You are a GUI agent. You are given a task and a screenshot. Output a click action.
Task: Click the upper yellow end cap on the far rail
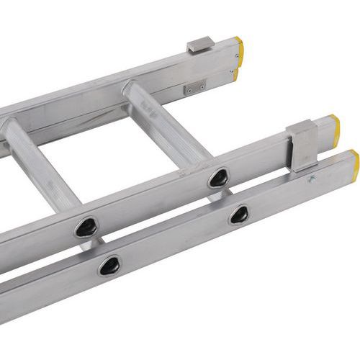[x=240, y=47]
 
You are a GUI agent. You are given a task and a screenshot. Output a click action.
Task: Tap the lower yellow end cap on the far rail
[x=237, y=73]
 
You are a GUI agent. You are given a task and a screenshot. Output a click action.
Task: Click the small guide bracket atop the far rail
[x=201, y=44]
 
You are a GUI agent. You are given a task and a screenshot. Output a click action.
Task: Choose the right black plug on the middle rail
[x=218, y=178]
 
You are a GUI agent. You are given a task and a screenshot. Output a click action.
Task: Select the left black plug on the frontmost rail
[x=110, y=265]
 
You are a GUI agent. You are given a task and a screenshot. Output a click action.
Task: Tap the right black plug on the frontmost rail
[x=239, y=214]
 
